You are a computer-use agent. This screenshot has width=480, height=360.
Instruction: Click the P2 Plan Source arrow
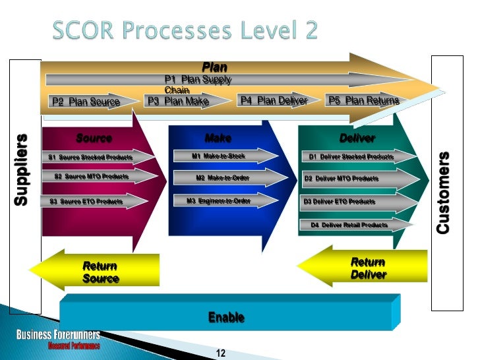86,102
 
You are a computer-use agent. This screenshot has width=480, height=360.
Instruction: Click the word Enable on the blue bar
226,318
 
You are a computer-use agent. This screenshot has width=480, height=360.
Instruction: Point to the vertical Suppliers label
22,170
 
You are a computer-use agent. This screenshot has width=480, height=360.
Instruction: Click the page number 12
221,353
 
